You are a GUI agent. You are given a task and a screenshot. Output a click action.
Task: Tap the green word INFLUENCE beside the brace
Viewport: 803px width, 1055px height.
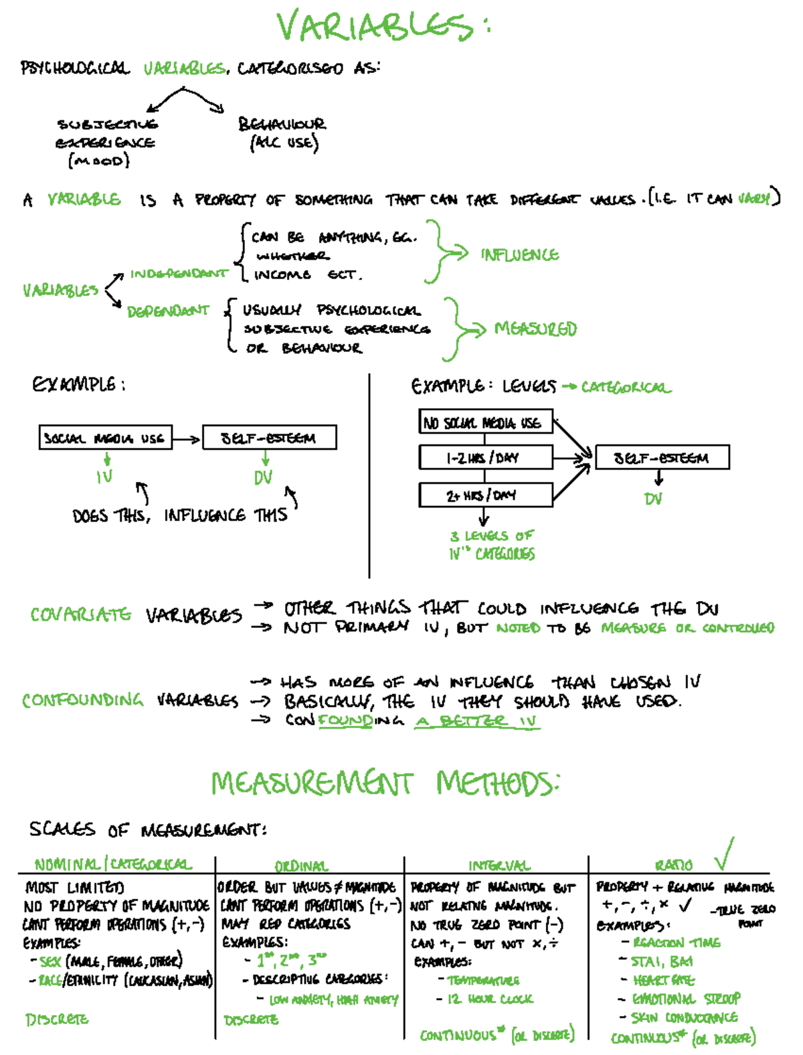pyautogui.click(x=519, y=255)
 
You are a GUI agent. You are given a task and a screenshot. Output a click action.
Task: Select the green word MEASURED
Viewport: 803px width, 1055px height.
pyautogui.click(x=535, y=329)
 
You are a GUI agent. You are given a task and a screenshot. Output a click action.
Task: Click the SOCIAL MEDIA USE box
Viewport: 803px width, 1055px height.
pyautogui.click(x=105, y=438)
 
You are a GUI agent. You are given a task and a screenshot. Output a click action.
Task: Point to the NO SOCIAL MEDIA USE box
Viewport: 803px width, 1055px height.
pyautogui.click(x=485, y=422)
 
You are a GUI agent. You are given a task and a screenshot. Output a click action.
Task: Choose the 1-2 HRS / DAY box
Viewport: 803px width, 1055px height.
pyautogui.click(x=485, y=458)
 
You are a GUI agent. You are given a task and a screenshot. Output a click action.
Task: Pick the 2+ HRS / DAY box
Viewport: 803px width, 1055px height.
pyautogui.click(x=485, y=495)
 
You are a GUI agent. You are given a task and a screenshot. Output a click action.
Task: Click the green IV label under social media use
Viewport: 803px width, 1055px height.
pyautogui.click(x=104, y=477)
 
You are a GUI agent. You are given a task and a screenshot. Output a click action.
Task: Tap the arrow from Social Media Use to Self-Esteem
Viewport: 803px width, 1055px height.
pyautogui.click(x=187, y=439)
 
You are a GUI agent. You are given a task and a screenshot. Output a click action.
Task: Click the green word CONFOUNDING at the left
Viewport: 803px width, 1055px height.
pyautogui.click(x=82, y=700)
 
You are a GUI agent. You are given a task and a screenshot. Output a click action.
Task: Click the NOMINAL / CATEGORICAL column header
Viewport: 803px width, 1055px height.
pyautogui.click(x=113, y=864)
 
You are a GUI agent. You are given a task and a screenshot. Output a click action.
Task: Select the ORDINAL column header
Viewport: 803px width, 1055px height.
pyautogui.click(x=301, y=866)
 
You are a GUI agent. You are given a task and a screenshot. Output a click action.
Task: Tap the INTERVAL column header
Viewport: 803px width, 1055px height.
pyautogui.click(x=499, y=866)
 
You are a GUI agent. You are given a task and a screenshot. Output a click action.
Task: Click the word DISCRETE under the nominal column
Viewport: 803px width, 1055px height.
pyautogui.click(x=57, y=1020)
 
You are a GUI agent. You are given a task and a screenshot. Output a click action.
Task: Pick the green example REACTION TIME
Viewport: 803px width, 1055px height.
pyautogui.click(x=676, y=943)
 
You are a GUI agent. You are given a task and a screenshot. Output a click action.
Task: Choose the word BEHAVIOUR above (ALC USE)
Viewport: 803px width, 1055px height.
pyautogui.click(x=282, y=124)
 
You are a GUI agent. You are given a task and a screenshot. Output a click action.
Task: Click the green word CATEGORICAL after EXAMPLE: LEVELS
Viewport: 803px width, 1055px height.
pyautogui.click(x=626, y=388)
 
